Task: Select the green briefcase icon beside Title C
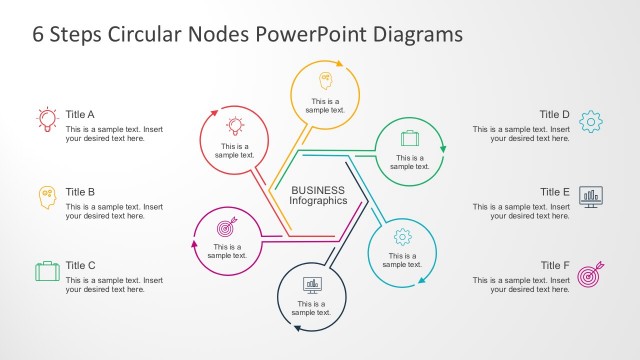(x=47, y=271)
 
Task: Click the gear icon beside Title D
(x=591, y=122)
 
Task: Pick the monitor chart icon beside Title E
(x=591, y=197)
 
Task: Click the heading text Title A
(x=80, y=114)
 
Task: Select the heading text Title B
(x=80, y=191)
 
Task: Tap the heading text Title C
(x=80, y=265)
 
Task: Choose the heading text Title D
(x=554, y=114)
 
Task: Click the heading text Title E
(x=554, y=191)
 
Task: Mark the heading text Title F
(x=554, y=265)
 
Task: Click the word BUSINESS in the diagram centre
(x=318, y=190)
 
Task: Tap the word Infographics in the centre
(x=318, y=201)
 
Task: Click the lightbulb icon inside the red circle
(x=235, y=126)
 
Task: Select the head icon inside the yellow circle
(x=325, y=79)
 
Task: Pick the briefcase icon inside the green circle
(x=409, y=137)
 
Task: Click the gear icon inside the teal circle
(x=402, y=236)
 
